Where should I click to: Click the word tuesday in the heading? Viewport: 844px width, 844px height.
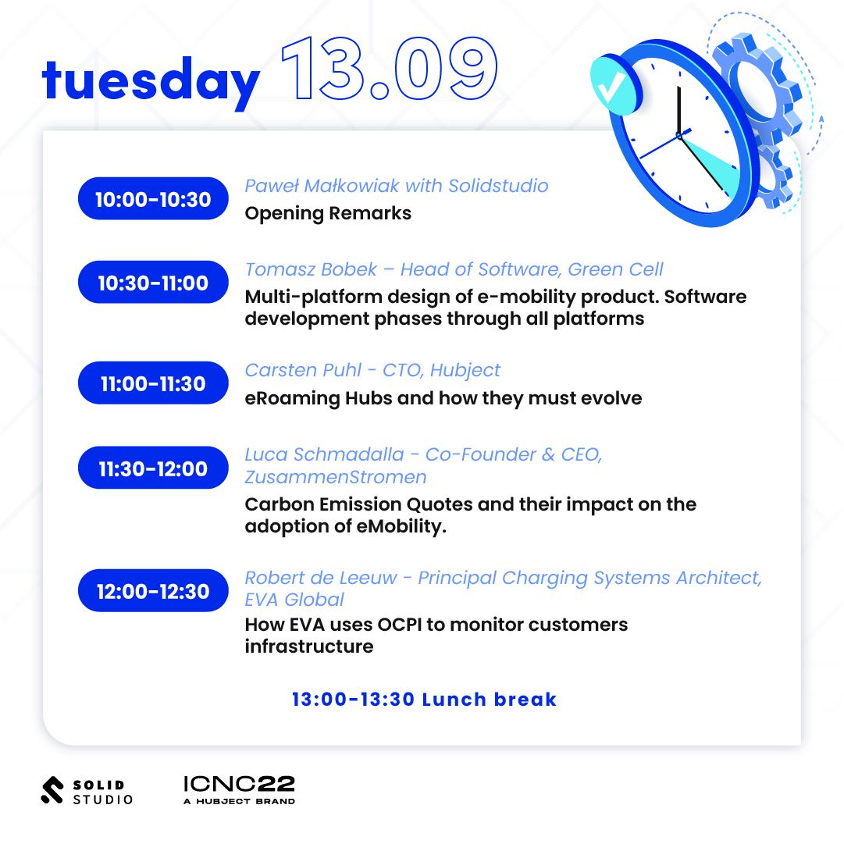pyautogui.click(x=151, y=81)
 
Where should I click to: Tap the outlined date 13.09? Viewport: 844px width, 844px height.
pyautogui.click(x=389, y=69)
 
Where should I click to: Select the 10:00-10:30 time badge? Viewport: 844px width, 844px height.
pyautogui.click(x=153, y=198)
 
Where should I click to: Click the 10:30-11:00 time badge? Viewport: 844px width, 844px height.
pyautogui.click(x=153, y=282)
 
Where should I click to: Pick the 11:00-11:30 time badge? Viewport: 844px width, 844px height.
pyautogui.click(x=153, y=383)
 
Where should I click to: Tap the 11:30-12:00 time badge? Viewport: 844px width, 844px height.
pyautogui.click(x=153, y=468)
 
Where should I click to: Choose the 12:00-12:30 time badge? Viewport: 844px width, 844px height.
pyautogui.click(x=153, y=590)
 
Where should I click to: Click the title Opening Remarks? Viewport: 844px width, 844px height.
pyautogui.click(x=328, y=214)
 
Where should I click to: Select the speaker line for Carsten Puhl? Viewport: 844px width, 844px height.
pyautogui.click(x=372, y=370)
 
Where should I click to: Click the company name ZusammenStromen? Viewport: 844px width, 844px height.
pyautogui.click(x=336, y=477)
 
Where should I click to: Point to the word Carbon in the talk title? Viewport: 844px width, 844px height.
pyautogui.click(x=280, y=504)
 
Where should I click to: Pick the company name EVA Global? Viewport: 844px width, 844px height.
pyautogui.click(x=294, y=600)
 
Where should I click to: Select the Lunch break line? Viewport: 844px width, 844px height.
pyautogui.click(x=424, y=700)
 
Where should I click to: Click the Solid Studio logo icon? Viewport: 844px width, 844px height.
pyautogui.click(x=52, y=790)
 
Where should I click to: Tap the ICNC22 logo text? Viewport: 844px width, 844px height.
pyautogui.click(x=239, y=784)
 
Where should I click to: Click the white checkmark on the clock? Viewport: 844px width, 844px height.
pyautogui.click(x=611, y=87)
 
